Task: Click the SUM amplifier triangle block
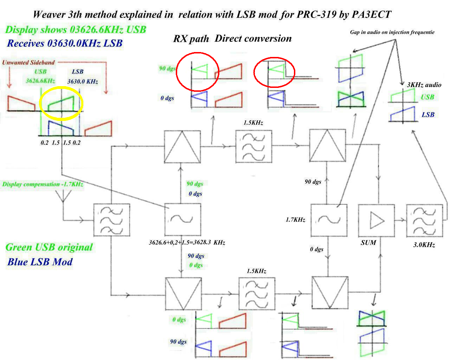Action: point(376,221)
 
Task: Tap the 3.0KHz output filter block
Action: point(424,221)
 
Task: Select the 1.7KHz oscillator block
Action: point(329,220)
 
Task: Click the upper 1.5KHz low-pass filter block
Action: point(253,146)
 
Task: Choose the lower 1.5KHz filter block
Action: point(257,294)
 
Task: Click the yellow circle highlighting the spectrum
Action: point(61,103)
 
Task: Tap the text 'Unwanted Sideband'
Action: point(28,63)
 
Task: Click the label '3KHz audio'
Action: point(424,85)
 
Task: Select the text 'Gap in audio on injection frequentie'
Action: point(392,32)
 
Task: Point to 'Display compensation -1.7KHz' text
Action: point(43,184)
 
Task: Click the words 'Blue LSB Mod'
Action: point(40,262)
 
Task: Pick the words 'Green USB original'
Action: point(49,247)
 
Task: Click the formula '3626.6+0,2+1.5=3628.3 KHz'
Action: point(187,243)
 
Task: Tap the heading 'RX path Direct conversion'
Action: point(232,39)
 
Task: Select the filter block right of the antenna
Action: point(111,220)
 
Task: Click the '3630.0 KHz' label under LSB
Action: point(83,82)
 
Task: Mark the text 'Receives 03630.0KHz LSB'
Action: point(65,43)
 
